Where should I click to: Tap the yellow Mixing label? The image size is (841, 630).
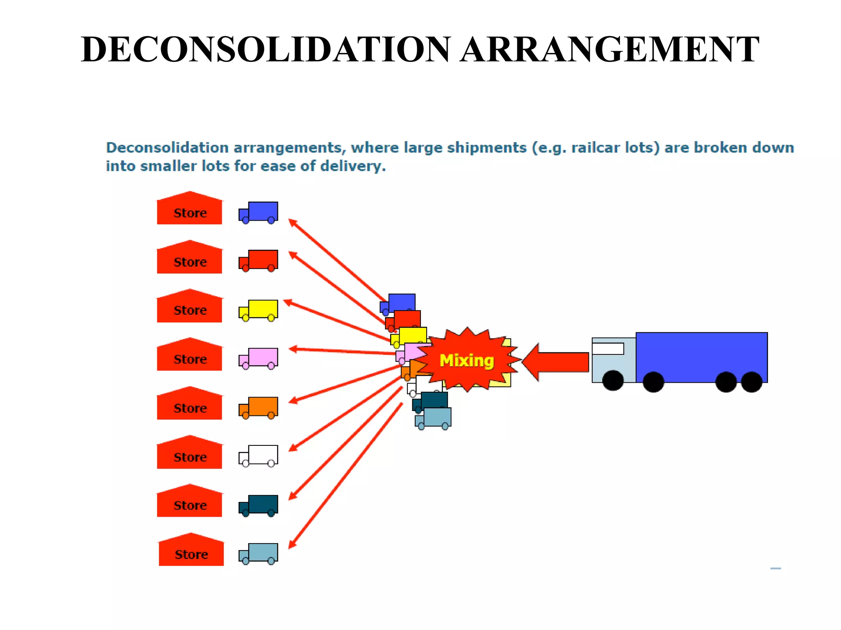(466, 361)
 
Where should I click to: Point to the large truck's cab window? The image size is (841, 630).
(608, 349)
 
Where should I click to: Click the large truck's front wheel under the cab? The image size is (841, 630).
(613, 380)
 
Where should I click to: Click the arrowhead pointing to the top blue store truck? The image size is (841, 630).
(292, 222)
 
